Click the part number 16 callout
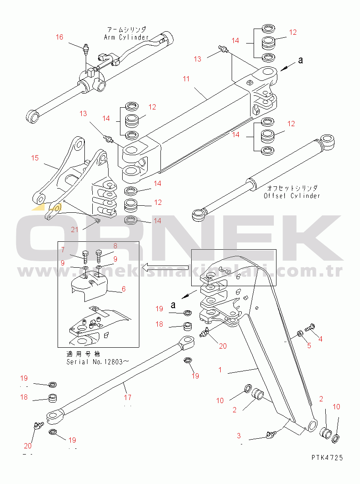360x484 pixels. (x=59, y=37)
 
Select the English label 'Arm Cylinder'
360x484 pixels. (x=127, y=37)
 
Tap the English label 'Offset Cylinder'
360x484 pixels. (x=291, y=196)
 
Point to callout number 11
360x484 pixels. (x=186, y=79)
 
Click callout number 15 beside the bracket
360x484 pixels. (x=35, y=157)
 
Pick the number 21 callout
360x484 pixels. (x=74, y=229)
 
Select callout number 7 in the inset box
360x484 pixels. (x=63, y=250)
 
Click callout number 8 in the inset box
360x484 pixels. (x=115, y=246)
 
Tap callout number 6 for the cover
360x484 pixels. (x=124, y=289)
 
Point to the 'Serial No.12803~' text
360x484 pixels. (x=98, y=362)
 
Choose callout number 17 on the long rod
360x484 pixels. (x=127, y=397)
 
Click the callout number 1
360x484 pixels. (x=220, y=370)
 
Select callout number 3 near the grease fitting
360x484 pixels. (x=239, y=436)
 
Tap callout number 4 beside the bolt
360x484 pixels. (x=320, y=339)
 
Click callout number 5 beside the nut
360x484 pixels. (x=309, y=346)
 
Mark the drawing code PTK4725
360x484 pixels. (x=327, y=458)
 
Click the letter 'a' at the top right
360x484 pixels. (x=301, y=61)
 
